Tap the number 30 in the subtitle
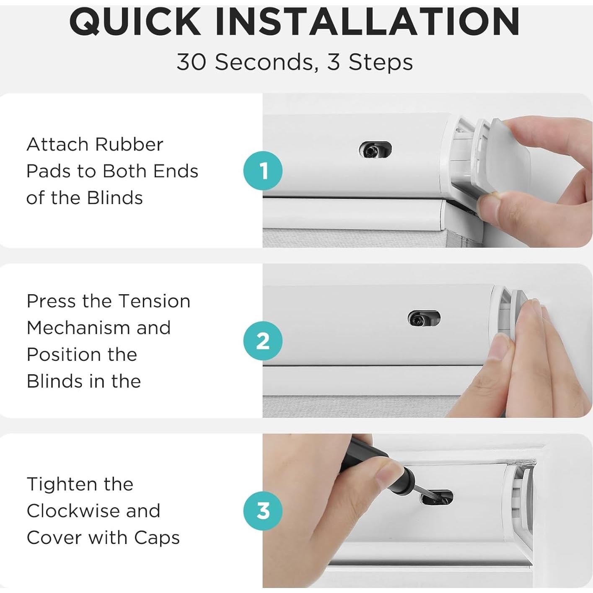(x=191, y=62)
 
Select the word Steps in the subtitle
(x=381, y=62)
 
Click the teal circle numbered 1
(x=263, y=171)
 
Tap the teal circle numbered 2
(x=263, y=340)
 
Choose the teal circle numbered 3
(x=263, y=510)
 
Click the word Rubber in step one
(x=129, y=144)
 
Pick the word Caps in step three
(x=157, y=538)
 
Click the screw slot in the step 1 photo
(x=375, y=150)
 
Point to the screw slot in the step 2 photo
(x=424, y=318)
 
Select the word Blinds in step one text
(x=115, y=197)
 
